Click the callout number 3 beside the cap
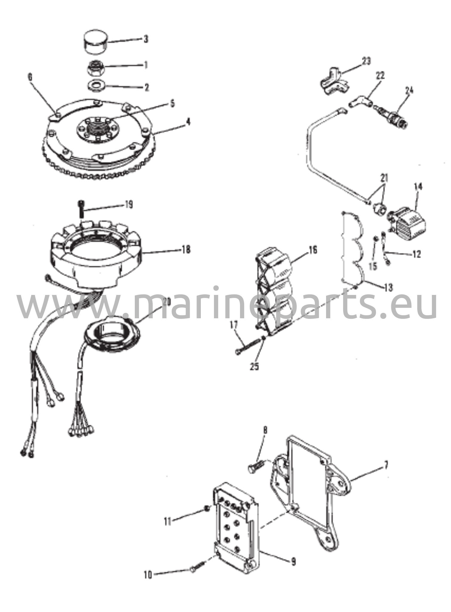point(146,39)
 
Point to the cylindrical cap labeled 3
point(95,42)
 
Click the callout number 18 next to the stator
point(186,249)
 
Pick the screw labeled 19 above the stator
point(81,209)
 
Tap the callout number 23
point(366,62)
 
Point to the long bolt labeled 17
point(248,347)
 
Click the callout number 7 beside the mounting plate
point(386,465)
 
